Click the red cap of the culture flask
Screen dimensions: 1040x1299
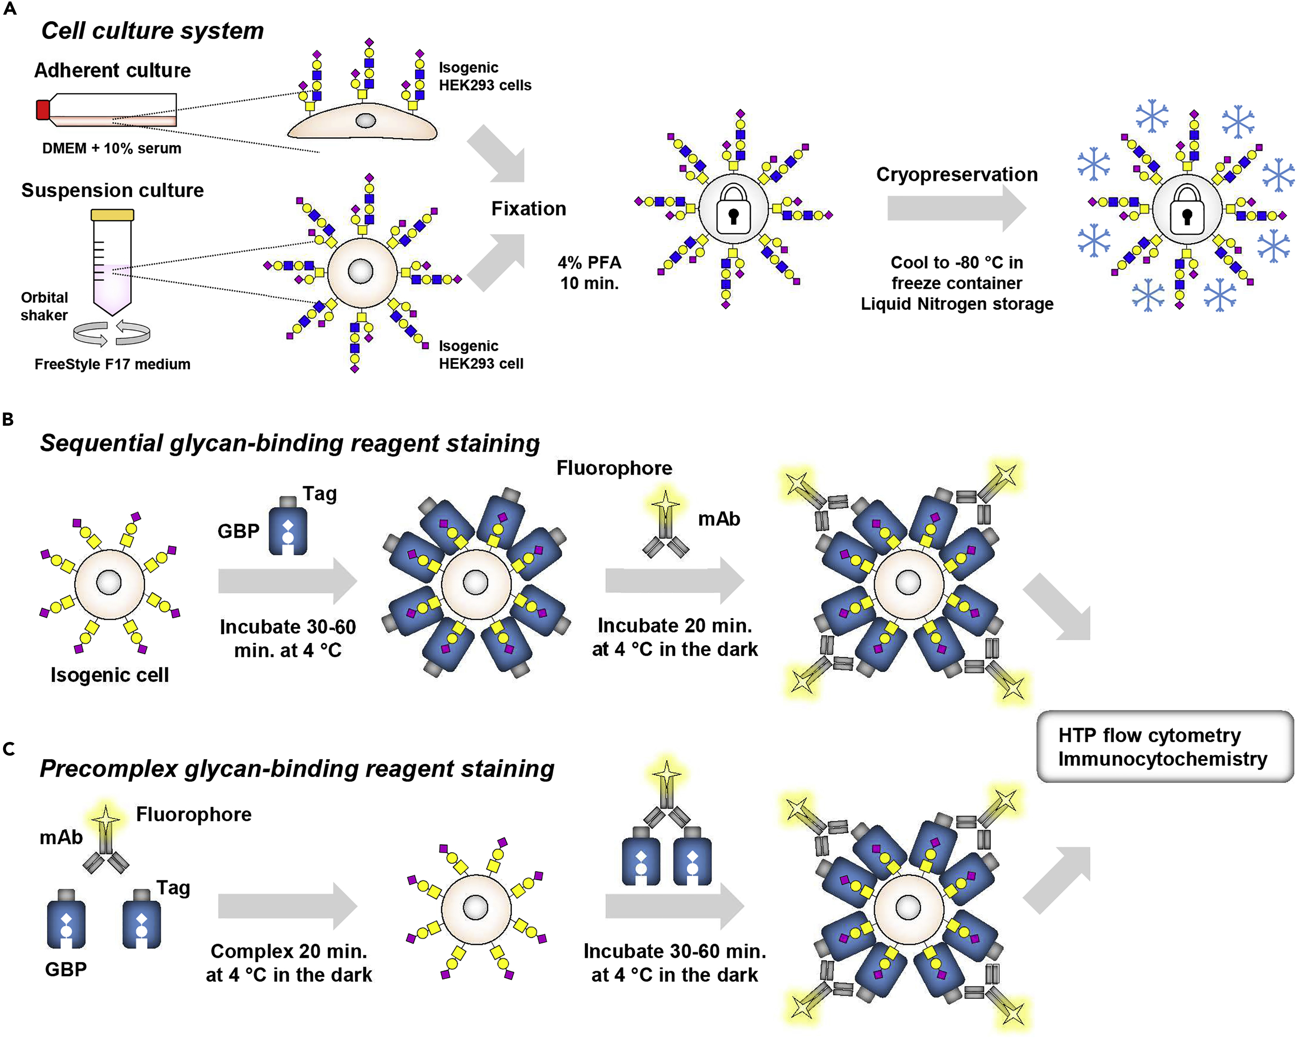[43, 110]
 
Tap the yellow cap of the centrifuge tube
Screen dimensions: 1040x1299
[112, 215]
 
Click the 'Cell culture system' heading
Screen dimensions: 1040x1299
[153, 31]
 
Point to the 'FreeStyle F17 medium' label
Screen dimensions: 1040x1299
[112, 364]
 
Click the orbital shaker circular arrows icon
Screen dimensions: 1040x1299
[112, 334]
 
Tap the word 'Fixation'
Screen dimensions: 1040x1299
[528, 209]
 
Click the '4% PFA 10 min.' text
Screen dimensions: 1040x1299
[589, 273]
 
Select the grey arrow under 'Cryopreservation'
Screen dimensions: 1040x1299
[956, 208]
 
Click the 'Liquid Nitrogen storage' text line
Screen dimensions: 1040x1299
[957, 304]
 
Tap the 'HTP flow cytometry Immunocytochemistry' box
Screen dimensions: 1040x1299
[1164, 747]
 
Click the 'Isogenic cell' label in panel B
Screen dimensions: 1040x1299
[110, 675]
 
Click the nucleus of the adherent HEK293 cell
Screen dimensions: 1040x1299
[365, 121]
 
